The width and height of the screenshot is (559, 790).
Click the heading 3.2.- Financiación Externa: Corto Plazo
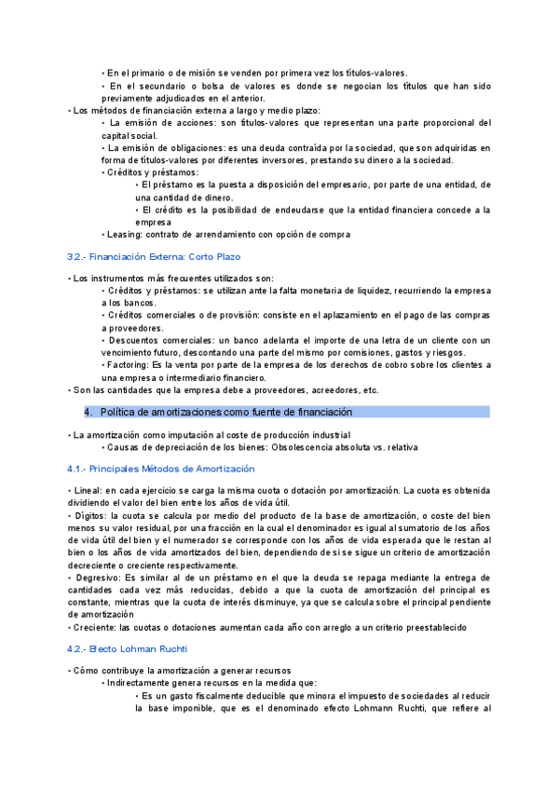tap(154, 256)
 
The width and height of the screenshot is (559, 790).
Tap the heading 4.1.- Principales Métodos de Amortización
tap(161, 469)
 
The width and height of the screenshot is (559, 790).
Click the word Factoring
tap(128, 365)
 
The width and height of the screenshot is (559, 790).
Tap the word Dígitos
tap(90, 514)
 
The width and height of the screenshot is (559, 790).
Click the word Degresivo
tap(95, 579)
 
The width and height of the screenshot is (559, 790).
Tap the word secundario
tap(158, 87)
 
